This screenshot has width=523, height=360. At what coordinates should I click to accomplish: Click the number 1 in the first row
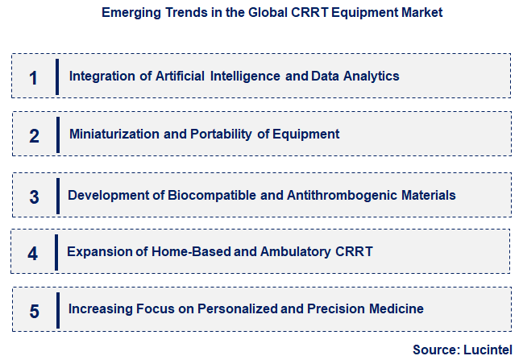33,77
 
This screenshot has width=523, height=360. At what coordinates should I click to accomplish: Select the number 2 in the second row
34,135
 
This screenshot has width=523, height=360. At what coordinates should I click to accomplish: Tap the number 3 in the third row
34,197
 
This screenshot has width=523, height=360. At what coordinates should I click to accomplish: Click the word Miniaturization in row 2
114,134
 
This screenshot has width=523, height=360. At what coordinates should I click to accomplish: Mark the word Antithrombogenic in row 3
352,195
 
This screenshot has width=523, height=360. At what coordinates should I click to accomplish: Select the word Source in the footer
436,350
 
